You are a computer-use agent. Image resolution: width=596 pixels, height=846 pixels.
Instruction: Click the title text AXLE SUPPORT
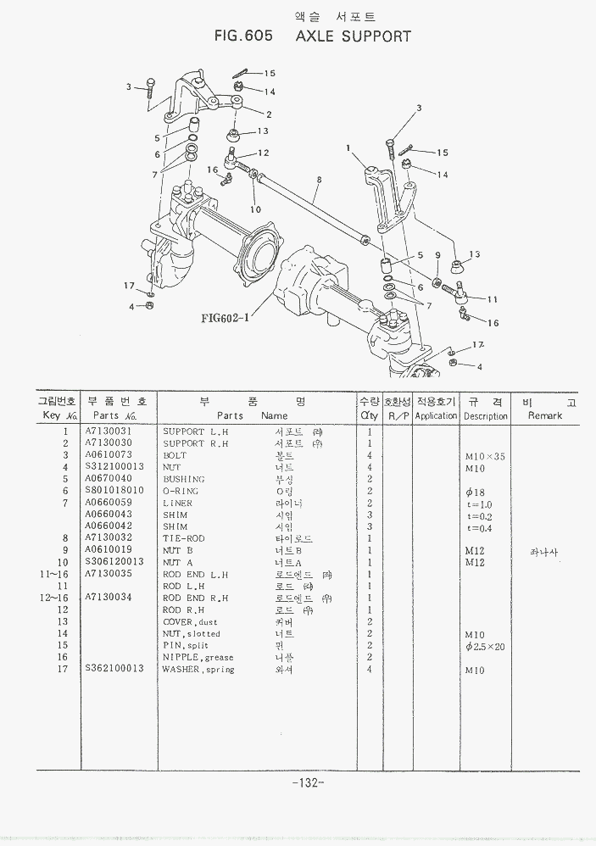click(354, 36)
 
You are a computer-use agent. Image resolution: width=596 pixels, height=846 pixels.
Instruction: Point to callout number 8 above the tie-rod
click(318, 180)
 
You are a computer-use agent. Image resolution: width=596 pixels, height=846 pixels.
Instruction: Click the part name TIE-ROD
click(184, 538)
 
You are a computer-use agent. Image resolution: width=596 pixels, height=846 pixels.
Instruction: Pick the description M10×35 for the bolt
click(485, 456)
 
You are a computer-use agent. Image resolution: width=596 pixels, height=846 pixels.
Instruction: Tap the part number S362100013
click(114, 670)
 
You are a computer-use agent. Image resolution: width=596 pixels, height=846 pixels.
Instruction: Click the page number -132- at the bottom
click(307, 782)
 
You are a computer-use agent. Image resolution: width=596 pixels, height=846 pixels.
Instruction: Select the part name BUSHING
click(183, 479)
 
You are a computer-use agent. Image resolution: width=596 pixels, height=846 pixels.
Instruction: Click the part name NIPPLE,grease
click(198, 658)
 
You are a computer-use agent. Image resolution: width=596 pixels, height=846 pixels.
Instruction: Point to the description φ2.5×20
click(485, 646)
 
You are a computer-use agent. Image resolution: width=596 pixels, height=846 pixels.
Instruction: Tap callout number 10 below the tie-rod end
click(256, 209)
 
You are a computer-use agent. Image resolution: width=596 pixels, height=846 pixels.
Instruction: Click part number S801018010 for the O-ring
click(114, 491)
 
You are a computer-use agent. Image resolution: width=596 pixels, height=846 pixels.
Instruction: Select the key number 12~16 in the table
click(53, 598)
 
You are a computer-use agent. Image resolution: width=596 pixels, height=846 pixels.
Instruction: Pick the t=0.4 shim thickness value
click(479, 528)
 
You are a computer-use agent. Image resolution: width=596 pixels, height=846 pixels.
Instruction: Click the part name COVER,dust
click(190, 621)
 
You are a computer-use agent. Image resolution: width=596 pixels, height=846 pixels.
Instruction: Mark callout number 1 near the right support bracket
click(348, 147)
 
